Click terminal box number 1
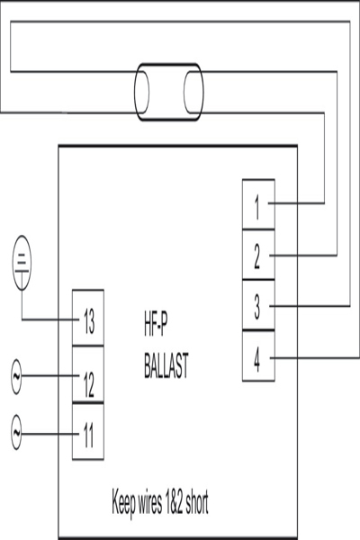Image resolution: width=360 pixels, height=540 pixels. [258, 204]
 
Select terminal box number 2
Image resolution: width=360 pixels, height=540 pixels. [258, 255]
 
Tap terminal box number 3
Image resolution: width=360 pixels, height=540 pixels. [258, 305]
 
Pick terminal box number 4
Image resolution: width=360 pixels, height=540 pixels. [258, 355]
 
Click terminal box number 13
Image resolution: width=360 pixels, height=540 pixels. [88, 318]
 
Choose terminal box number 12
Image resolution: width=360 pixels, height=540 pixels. [88, 374]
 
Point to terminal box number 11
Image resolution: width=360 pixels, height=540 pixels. [88, 431]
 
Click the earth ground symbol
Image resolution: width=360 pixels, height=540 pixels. [22, 263]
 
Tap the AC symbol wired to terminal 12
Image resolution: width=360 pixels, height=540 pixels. [16, 376]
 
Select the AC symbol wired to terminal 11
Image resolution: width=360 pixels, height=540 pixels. [16, 432]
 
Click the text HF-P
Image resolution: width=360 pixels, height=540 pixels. [156, 324]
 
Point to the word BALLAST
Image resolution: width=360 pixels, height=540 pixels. [166, 365]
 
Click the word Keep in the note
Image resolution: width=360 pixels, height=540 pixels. [123, 502]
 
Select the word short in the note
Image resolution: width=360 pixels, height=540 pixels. [197, 501]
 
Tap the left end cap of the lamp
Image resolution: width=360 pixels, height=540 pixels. [141, 92]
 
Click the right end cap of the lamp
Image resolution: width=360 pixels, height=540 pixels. [193, 92]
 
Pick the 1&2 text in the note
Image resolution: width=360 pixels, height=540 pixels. [174, 502]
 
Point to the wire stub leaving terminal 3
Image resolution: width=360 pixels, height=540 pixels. [310, 306]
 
